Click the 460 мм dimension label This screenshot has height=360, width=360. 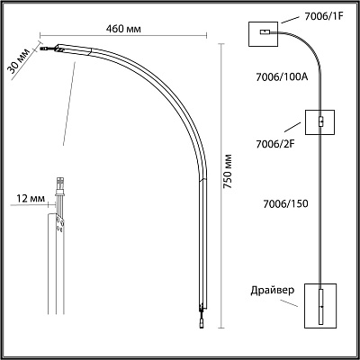coord(123,29)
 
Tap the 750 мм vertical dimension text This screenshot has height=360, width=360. coord(228,171)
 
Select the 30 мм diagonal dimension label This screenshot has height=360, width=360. coord(19,61)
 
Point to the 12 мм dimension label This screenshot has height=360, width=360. coord(31,198)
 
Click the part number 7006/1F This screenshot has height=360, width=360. coord(324,16)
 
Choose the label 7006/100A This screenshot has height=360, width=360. coord(282,77)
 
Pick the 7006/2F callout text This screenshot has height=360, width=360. coord(275,144)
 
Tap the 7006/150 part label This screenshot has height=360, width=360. coord(285,203)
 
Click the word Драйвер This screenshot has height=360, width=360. coord(273,291)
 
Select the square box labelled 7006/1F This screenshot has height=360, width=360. coord(264,34)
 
